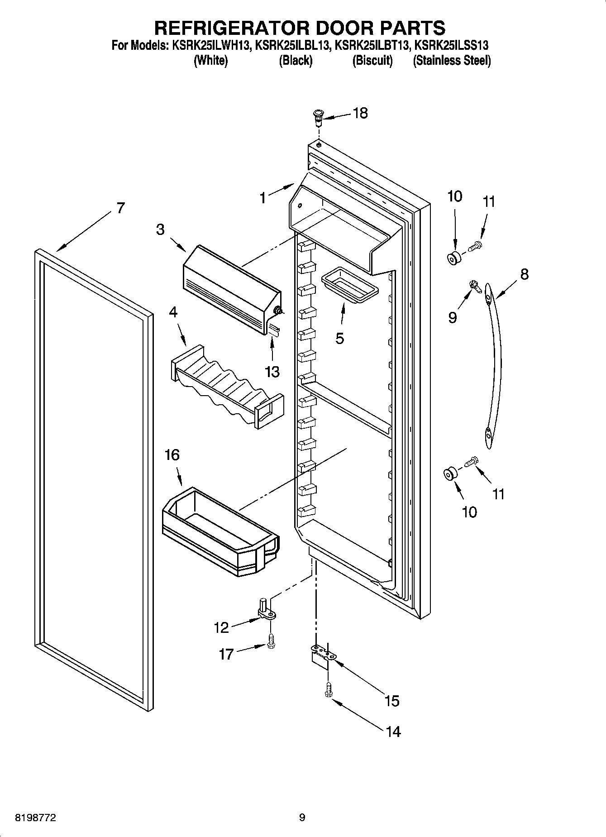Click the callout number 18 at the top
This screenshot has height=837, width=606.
(360, 113)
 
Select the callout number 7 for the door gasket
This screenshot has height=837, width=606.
(120, 208)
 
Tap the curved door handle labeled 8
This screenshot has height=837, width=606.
(494, 362)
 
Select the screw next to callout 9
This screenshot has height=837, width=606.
(474, 285)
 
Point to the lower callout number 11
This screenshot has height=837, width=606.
(498, 493)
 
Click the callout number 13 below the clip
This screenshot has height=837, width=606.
(272, 372)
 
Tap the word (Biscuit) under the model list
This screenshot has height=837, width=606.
(372, 60)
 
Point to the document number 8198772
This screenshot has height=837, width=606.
(36, 818)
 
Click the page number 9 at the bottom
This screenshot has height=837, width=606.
(302, 818)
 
